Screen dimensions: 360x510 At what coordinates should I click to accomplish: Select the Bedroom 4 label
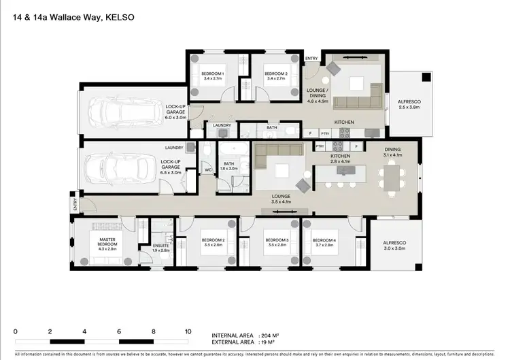tap(324, 243)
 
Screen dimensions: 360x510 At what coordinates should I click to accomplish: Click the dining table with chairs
tap(390, 180)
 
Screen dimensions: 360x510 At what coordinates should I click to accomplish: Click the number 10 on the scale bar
tap(188, 331)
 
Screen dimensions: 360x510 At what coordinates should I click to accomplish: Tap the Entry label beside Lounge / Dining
tap(311, 59)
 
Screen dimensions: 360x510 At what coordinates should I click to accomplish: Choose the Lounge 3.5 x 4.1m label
tap(280, 199)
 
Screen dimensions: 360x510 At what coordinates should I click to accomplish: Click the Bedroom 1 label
tap(213, 76)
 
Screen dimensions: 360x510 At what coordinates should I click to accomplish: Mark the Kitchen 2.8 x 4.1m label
tap(340, 159)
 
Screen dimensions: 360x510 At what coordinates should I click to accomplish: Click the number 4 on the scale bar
tap(84, 331)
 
